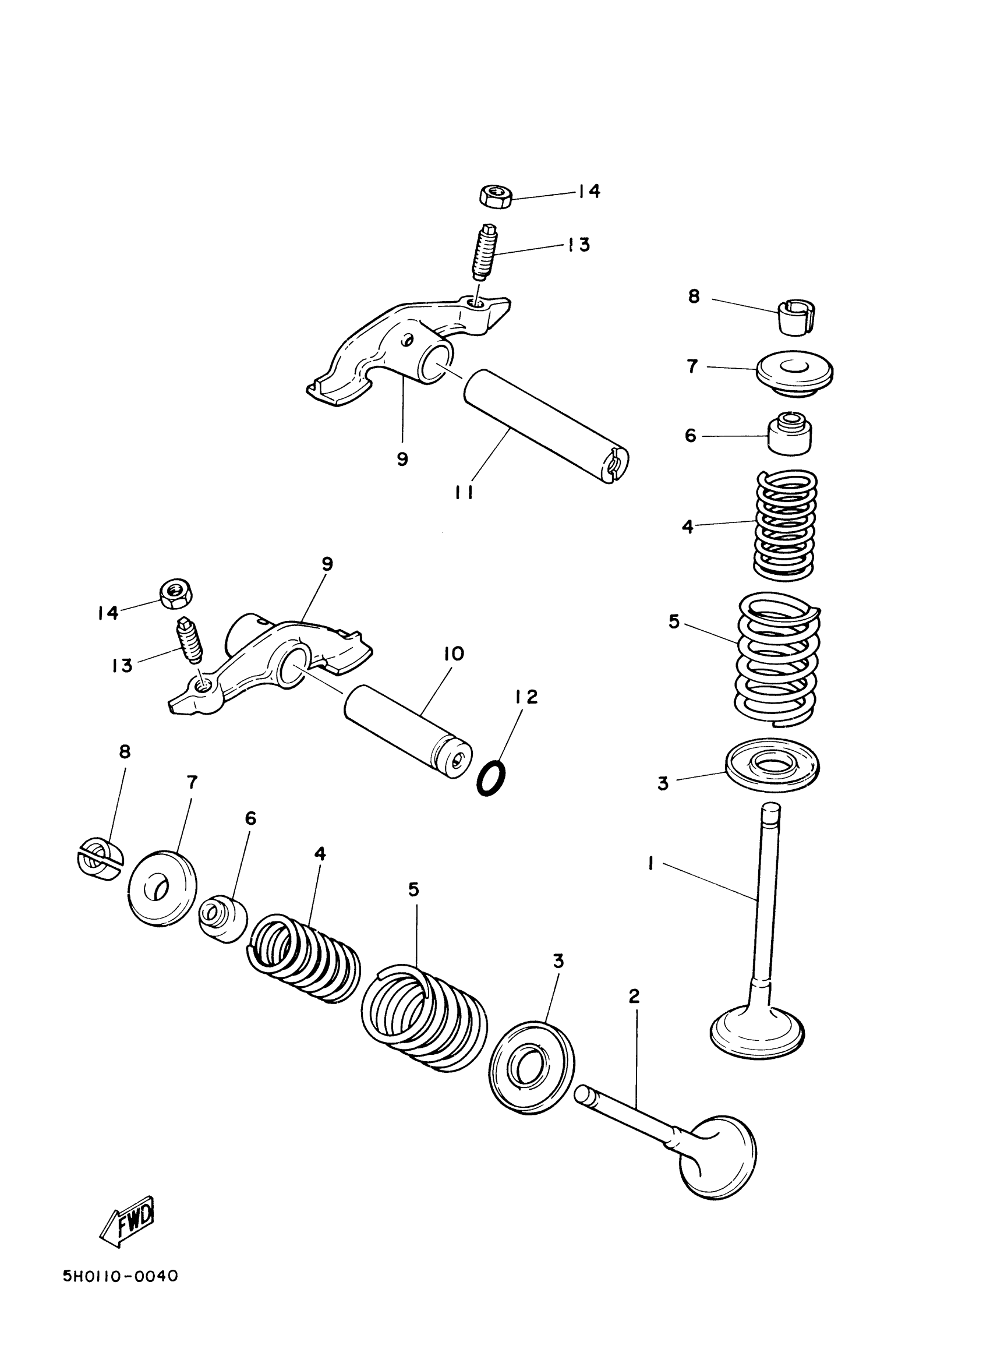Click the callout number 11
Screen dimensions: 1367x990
tap(464, 492)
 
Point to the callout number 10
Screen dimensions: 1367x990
tap(454, 654)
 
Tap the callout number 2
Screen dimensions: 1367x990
tap(634, 997)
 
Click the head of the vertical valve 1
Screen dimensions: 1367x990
tap(758, 1035)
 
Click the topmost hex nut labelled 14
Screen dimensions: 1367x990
tap(496, 196)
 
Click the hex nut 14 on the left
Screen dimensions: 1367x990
tap(175, 592)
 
